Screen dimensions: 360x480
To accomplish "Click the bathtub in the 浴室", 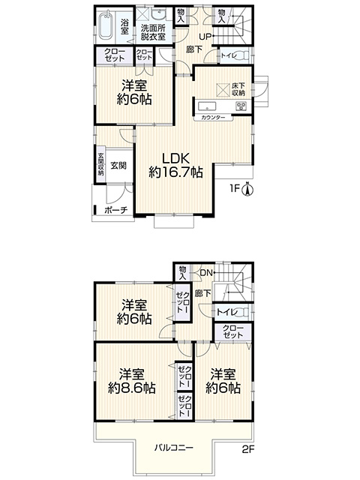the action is (106, 25).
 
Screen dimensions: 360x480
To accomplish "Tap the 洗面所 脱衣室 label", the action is (153, 32).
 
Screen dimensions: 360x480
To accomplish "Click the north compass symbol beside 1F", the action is (247, 189).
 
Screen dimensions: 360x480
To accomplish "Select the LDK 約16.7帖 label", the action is (175, 165).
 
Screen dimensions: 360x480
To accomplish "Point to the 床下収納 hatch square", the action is (223, 89).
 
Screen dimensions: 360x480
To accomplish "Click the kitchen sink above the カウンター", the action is (207, 106).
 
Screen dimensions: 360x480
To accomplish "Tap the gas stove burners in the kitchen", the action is (241, 106).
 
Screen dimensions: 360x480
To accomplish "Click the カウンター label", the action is (213, 118).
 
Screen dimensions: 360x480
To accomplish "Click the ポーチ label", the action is (115, 211).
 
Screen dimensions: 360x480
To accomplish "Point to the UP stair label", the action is (205, 37).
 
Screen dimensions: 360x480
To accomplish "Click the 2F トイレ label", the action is (227, 313).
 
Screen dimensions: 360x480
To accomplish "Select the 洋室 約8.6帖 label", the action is (132, 382).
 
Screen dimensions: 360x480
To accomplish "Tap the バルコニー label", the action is (173, 448).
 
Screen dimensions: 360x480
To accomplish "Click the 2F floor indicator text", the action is (248, 450).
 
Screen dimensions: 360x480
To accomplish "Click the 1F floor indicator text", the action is (235, 188).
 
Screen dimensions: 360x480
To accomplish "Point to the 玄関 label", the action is (118, 166).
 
